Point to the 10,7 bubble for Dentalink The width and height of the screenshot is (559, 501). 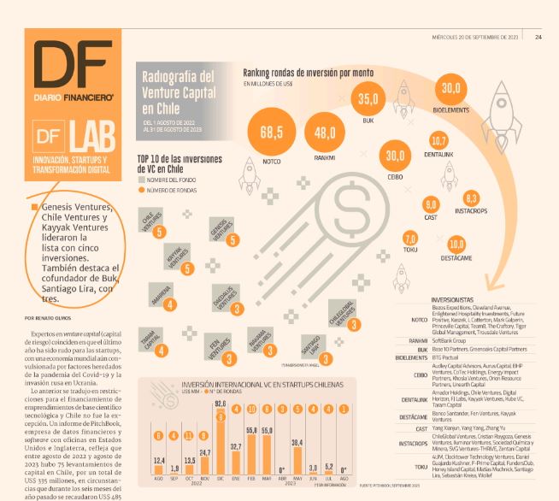[x=439, y=140]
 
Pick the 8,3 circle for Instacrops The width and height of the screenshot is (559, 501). [x=471, y=197]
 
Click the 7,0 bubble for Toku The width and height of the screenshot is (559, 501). [x=410, y=239]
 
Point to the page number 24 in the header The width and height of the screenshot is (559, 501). [x=538, y=36]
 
